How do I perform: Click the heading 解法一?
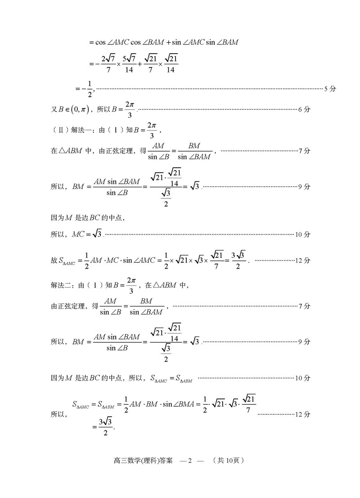(x=82, y=130)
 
